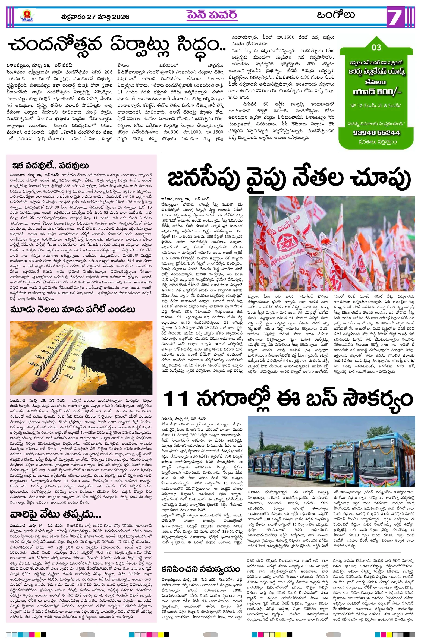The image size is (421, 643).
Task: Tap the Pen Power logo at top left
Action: click(27, 16)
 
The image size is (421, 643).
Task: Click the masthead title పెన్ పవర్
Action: click(212, 15)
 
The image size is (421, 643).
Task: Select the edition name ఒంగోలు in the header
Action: click(336, 15)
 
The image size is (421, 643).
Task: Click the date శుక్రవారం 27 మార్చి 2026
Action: click(95, 17)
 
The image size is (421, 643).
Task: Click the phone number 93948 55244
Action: click(376, 133)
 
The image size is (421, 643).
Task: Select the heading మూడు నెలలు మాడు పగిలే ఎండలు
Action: click(73, 310)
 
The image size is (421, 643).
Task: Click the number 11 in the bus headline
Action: click(175, 399)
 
